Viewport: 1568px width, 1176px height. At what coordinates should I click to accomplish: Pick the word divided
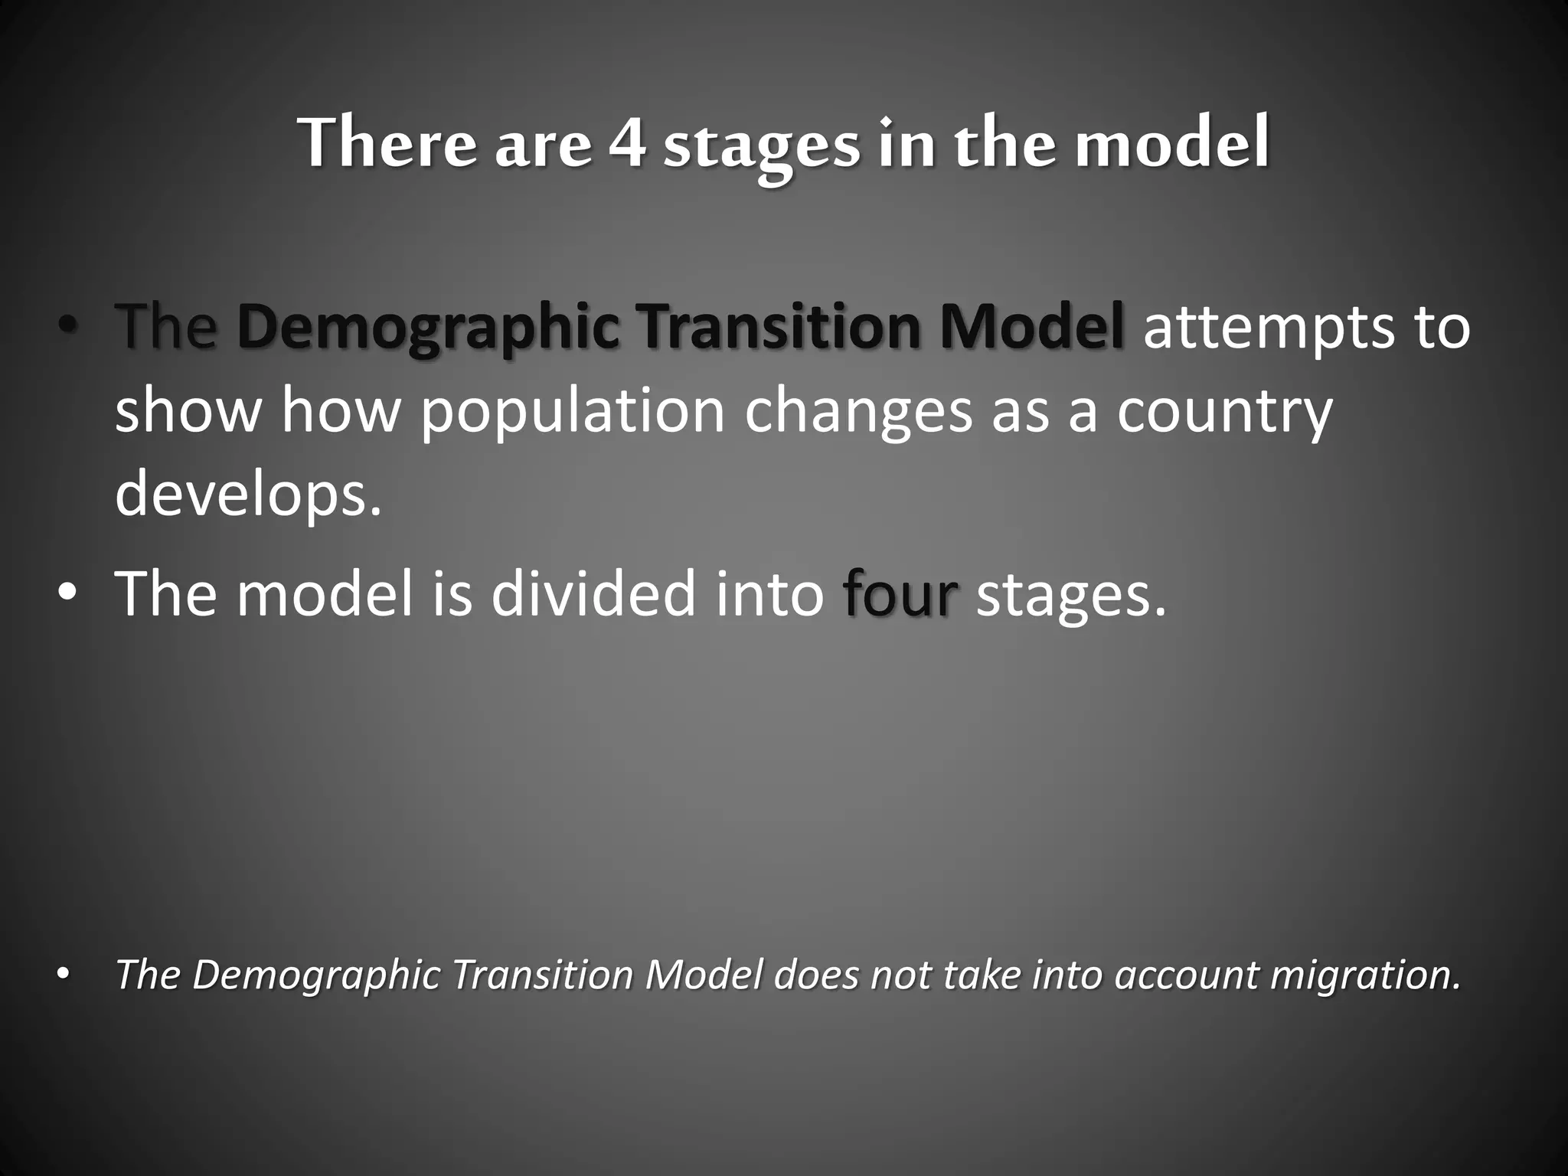593,594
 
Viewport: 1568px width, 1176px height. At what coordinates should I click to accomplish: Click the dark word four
900,594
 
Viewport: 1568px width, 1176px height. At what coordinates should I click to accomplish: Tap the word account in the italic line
1185,975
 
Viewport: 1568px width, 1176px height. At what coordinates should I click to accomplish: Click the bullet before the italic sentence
64,975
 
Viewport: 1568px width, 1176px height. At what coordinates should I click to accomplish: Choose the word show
188,412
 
